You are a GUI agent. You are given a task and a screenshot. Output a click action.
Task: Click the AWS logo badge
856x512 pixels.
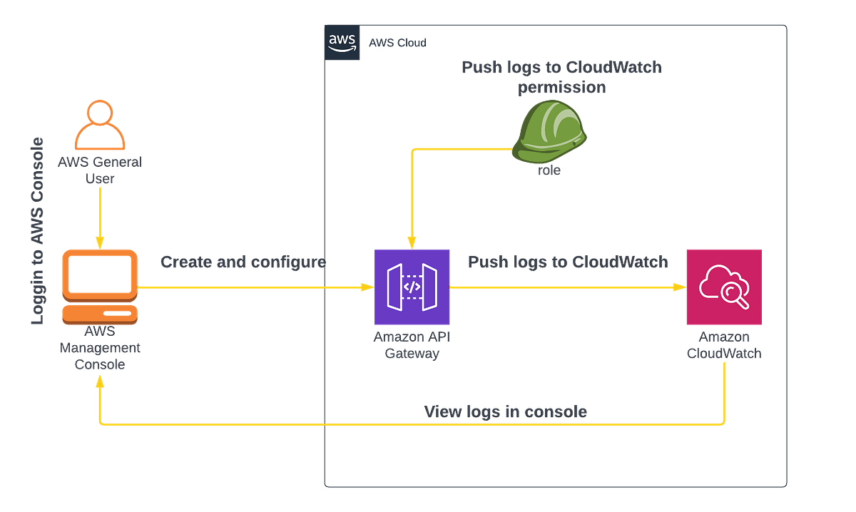pyautogui.click(x=343, y=43)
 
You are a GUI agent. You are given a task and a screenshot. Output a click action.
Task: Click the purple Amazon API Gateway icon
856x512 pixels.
pyautogui.click(x=412, y=287)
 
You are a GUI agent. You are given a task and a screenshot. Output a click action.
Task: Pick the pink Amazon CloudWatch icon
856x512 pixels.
pyautogui.click(x=723, y=287)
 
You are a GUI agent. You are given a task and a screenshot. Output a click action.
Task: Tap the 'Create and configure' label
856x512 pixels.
pyautogui.click(x=243, y=262)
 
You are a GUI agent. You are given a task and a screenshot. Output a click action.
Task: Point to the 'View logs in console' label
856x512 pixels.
pyautogui.click(x=505, y=412)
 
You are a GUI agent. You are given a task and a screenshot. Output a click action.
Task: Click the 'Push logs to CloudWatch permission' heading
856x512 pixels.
pyautogui.click(x=561, y=78)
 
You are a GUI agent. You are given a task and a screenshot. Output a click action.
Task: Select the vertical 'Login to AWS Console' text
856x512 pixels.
pyautogui.click(x=38, y=230)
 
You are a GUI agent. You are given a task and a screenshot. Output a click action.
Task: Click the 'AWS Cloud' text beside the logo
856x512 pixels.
pyautogui.click(x=397, y=43)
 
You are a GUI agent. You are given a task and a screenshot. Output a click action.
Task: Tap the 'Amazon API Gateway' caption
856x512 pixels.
pyautogui.click(x=412, y=345)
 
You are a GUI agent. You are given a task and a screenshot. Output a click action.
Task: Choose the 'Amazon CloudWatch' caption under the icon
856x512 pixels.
pyautogui.click(x=723, y=345)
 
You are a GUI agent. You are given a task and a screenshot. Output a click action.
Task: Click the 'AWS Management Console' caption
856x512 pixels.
pyautogui.click(x=100, y=348)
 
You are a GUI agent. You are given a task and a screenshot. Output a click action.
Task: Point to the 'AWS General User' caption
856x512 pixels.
pyautogui.click(x=101, y=170)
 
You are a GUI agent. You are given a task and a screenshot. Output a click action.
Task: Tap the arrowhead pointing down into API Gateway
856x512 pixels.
pyautogui.click(x=409, y=240)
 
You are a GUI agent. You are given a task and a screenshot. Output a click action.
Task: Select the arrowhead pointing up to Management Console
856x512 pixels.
pyautogui.click(x=100, y=384)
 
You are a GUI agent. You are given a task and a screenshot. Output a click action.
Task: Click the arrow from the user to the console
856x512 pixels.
pyautogui.click(x=100, y=214)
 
